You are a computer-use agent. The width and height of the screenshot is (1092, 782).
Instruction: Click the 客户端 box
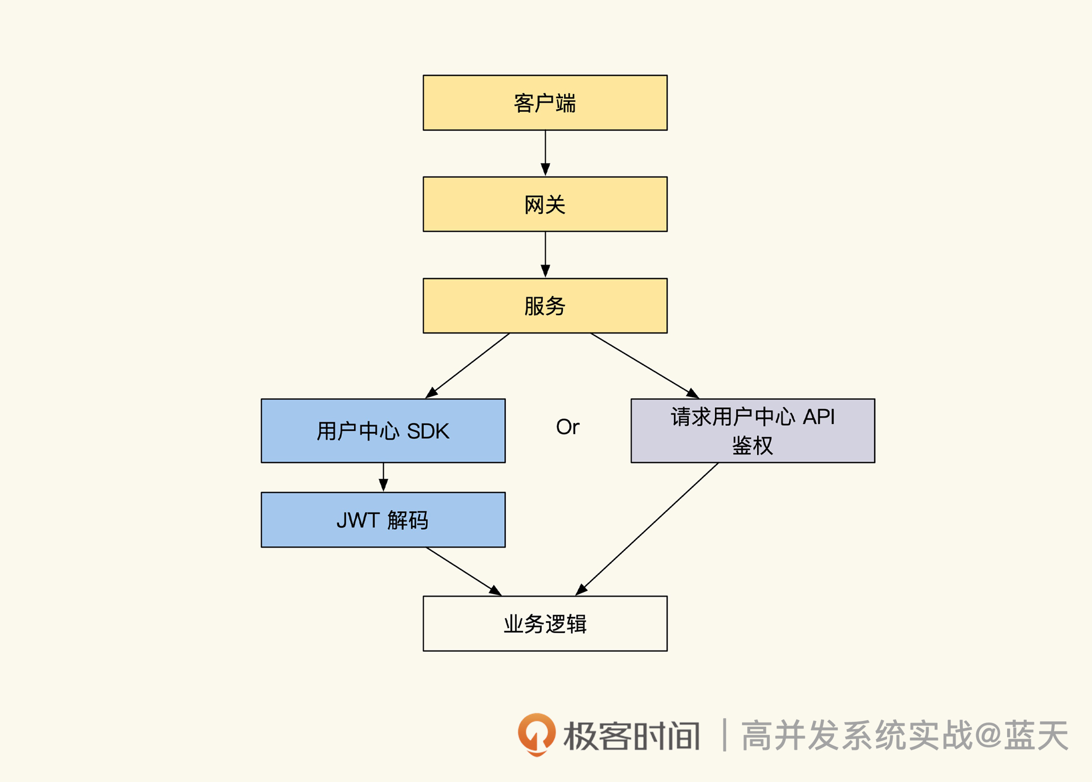click(545, 103)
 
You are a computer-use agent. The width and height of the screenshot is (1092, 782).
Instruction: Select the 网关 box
click(545, 204)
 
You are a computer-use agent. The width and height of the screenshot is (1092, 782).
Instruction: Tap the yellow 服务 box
click(545, 306)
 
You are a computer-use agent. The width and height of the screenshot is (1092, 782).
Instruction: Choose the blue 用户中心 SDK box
click(383, 431)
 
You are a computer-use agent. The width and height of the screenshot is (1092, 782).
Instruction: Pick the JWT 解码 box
click(383, 520)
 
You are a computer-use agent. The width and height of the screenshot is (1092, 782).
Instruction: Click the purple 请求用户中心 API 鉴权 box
click(752, 431)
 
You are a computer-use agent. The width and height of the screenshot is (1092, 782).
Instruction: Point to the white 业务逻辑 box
click(545, 624)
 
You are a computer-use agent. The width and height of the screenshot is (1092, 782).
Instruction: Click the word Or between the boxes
click(567, 427)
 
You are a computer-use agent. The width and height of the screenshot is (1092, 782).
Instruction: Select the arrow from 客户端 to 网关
click(545, 153)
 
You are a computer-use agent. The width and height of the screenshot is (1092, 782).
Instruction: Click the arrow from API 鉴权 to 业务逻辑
click(648, 529)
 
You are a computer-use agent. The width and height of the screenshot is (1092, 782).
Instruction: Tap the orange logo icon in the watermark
click(536, 734)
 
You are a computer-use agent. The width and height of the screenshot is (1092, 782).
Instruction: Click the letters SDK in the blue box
click(428, 432)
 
